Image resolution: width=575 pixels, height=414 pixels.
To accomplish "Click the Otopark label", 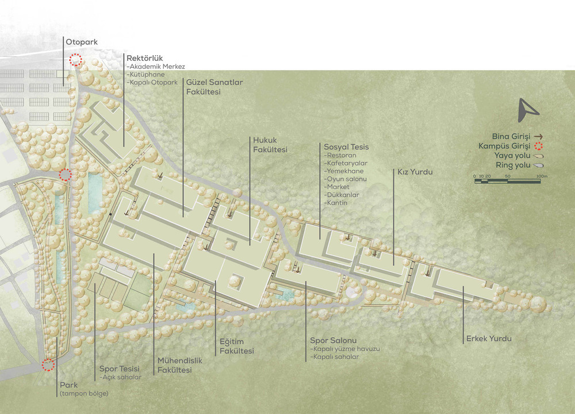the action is pos(82,42).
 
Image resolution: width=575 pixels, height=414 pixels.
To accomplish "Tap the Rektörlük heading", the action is pos(144,58).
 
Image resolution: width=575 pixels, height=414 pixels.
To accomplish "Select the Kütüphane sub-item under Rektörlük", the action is pos(145,74).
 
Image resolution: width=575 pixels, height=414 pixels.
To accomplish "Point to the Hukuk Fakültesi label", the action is pos(270,145).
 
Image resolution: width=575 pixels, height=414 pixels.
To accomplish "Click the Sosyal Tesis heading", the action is pos(346,147).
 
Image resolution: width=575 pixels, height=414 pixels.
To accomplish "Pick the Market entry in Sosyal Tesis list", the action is pos(336,187).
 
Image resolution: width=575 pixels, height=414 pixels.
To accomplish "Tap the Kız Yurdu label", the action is pos(415,172).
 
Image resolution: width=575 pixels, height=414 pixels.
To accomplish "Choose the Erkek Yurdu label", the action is pos(489,339).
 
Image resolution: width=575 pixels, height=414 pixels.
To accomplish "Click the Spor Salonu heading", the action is pos(333,341).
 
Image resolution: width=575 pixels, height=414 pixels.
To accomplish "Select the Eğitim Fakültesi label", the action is pos(236,346).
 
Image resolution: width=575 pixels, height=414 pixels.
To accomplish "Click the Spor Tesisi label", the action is pos(120,369).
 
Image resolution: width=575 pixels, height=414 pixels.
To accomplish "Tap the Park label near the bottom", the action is pos(69,385).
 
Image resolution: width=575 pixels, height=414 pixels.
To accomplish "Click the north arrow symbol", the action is pos(527,110).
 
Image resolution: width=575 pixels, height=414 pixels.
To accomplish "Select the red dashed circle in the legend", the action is pos(538,146).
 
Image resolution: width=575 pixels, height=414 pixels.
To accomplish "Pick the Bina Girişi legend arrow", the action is pos(538,137).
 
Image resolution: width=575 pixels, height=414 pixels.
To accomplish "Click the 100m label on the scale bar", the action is pos(542,176).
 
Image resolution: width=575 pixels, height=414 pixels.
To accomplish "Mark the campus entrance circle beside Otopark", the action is pos(76,59).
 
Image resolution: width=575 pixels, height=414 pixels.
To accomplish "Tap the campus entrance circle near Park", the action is pos(48,365).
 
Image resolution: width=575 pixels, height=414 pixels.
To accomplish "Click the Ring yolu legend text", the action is pos(513,165).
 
